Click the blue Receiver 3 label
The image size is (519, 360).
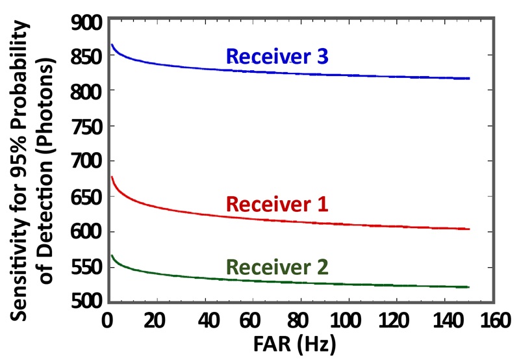(x=277, y=57)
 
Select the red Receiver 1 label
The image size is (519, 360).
(x=277, y=205)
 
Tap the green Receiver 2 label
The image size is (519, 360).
(x=277, y=267)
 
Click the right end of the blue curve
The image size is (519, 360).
(x=468, y=78)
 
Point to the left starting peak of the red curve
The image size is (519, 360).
(x=112, y=177)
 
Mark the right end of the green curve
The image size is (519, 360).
(x=468, y=287)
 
